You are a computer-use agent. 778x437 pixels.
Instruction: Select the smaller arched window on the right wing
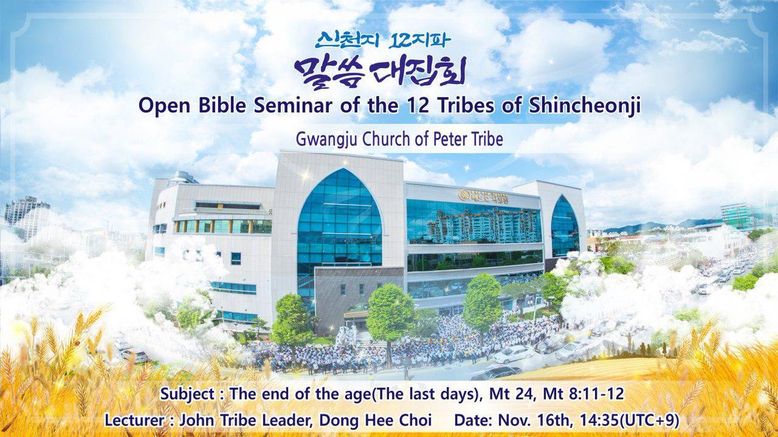(564, 227)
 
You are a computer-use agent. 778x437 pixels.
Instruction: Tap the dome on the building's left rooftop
(183, 177)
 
